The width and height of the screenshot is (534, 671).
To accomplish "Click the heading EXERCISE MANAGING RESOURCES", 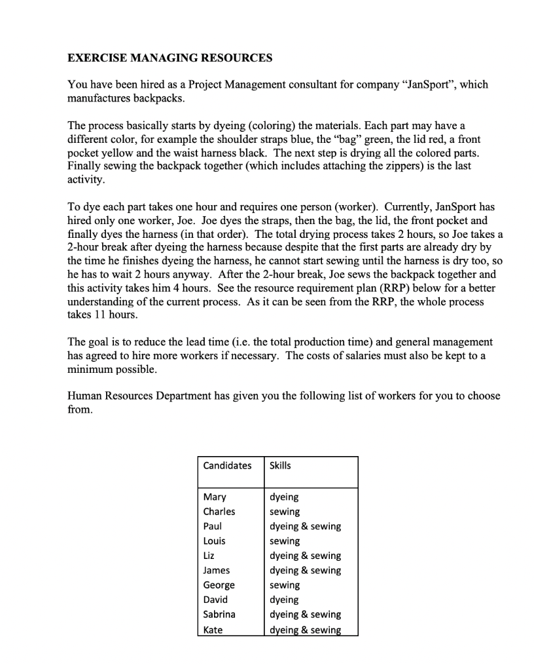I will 169,58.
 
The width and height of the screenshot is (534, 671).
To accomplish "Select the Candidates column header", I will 227,465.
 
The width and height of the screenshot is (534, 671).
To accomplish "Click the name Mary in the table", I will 214,497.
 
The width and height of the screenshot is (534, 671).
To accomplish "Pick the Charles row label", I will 219,512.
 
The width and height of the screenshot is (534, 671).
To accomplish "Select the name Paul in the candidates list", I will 213,526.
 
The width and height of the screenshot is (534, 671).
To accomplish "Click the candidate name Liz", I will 209,556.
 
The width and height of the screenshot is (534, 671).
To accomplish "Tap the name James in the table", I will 217,570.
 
